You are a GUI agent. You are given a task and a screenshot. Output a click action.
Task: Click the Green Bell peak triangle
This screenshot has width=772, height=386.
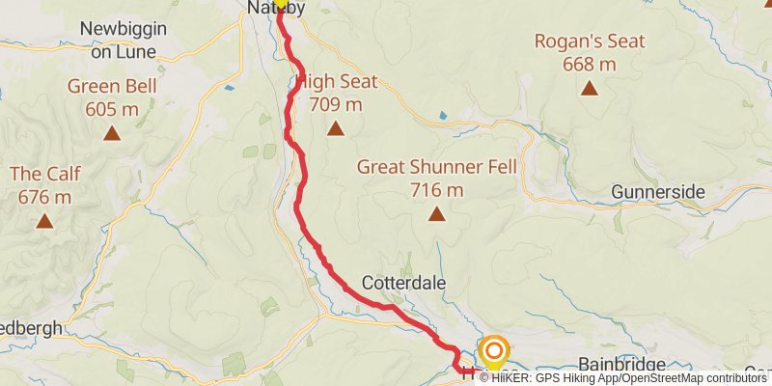(x=113, y=134)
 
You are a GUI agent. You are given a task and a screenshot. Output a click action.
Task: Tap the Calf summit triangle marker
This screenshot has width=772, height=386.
(x=44, y=222)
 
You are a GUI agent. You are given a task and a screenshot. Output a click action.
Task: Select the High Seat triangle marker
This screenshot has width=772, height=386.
(x=336, y=128)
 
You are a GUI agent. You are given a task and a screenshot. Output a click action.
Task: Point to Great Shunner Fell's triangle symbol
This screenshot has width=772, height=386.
(x=436, y=214)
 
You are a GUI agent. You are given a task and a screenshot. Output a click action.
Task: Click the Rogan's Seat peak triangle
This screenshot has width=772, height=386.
(x=589, y=90)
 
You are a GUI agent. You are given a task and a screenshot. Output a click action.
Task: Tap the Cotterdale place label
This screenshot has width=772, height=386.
(x=402, y=284)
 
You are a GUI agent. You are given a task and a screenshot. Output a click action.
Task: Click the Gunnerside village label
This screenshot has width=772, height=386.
(x=658, y=193)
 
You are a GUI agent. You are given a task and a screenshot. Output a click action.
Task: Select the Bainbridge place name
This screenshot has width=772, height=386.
(x=622, y=364)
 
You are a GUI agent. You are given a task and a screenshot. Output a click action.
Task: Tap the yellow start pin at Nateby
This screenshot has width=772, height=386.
(x=281, y=3)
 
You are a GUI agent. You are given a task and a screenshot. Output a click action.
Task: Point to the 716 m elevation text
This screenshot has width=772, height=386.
(x=436, y=188)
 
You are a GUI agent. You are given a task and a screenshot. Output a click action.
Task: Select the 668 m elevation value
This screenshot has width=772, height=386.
(x=589, y=64)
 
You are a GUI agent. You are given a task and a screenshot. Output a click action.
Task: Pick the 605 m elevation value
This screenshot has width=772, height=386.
(x=113, y=108)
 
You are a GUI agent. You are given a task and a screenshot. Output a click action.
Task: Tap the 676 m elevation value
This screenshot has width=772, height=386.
(x=44, y=197)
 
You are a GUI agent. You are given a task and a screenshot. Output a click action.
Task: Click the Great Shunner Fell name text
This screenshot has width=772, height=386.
(x=437, y=167)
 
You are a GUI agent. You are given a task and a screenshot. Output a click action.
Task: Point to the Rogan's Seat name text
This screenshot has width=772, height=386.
(x=589, y=42)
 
